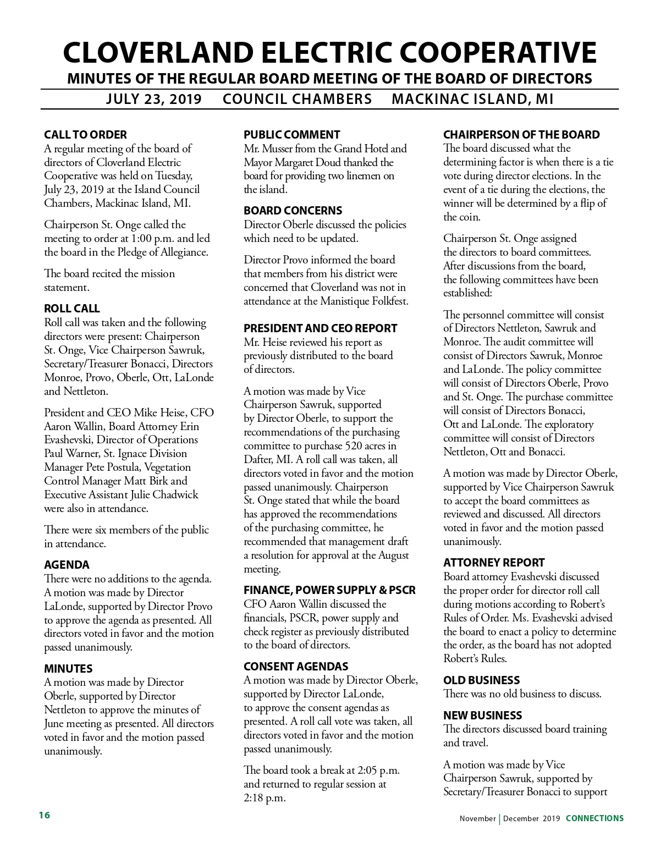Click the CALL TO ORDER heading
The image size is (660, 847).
coord(85,135)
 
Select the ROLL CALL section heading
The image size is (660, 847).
coord(72,309)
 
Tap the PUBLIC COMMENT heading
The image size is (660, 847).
coord(291,135)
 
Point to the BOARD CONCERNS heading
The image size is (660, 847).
coord(293,211)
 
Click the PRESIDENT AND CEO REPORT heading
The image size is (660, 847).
coord(320,328)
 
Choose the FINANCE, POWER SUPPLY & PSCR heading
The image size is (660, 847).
coord(329,590)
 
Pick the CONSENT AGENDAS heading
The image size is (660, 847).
coord(296,667)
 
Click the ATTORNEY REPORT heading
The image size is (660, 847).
coord(494,563)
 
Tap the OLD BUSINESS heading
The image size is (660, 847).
coord(481,680)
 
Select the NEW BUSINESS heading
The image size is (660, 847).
coord(482,716)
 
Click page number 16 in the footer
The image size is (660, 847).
coord(44,815)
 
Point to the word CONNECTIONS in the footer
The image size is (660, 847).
coord(595,818)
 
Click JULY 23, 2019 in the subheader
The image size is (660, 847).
coord(153,99)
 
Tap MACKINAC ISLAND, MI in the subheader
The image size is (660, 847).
coord(472,99)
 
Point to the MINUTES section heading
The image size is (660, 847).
coord(68,669)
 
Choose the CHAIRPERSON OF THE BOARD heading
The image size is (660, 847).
coord(521,135)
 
